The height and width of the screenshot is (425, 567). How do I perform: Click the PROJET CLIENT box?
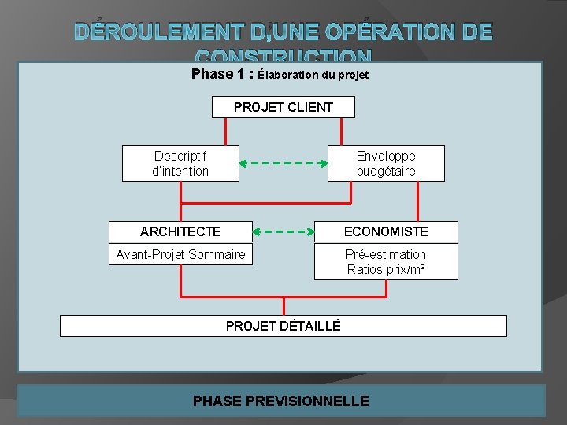(283, 107)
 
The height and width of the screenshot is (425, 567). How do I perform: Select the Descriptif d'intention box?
(180, 163)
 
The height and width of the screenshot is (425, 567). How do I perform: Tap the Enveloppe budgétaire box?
(386, 163)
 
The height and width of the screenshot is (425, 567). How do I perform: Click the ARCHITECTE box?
(180, 231)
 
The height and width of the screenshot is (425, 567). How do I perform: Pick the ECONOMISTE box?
(386, 231)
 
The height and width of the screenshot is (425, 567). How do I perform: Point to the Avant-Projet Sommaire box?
(180, 254)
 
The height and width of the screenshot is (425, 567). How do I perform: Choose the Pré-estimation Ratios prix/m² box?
(386, 262)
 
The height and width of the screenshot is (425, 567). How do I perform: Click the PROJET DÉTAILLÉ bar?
(283, 325)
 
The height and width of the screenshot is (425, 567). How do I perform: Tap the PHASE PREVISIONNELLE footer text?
(281, 401)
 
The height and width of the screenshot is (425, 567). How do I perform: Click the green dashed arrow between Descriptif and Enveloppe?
(283, 164)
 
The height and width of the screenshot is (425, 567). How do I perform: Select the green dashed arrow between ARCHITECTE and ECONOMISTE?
(283, 232)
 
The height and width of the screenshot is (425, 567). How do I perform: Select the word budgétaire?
(386, 171)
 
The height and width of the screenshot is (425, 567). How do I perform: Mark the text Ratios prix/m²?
(386, 270)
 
